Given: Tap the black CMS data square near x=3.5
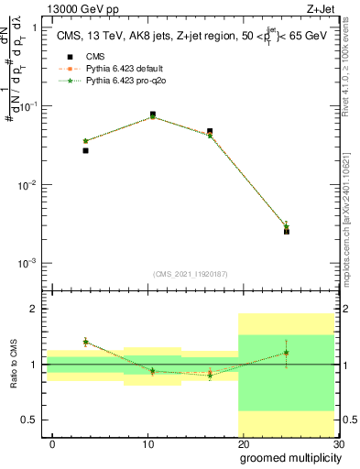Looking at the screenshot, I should tap(85, 150).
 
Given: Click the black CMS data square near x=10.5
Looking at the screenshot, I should tap(152, 115).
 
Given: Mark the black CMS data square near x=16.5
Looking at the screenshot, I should tap(210, 132).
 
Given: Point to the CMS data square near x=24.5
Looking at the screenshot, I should tap(287, 232).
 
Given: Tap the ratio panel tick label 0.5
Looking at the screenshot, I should tap(33, 420).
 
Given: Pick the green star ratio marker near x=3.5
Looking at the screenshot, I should tap(85, 342).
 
